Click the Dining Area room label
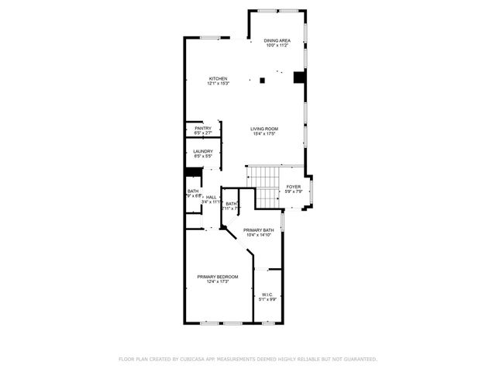tap(276, 40)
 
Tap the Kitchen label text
tap(218, 79)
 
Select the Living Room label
tap(264, 129)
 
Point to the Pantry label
tap(203, 129)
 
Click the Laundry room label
tap(203, 151)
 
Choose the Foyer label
tap(293, 187)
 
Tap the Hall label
tap(211, 198)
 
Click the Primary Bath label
tap(258, 230)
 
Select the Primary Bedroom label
tap(218, 277)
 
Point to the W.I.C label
tap(267, 294)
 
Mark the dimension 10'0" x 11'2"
tap(276, 46)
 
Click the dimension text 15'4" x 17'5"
tap(264, 134)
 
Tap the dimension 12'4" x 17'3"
tap(218, 282)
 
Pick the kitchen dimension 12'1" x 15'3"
tap(218, 84)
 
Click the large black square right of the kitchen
tap(298, 76)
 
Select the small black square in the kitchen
tap(263, 79)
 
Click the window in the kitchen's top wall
tap(209, 37)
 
